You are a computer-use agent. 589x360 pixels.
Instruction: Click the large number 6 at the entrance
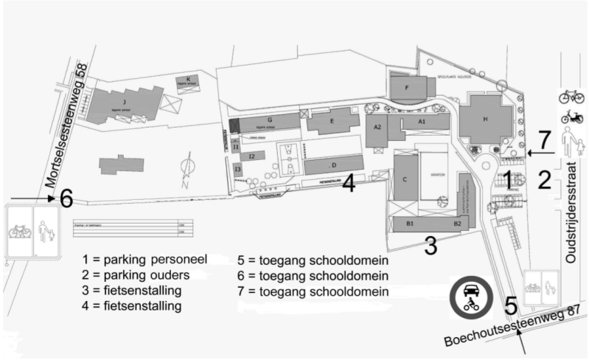pos(66,198)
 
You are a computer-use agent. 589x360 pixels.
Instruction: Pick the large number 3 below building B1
pos(431,245)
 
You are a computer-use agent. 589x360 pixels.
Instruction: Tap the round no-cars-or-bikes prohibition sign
pos(471,299)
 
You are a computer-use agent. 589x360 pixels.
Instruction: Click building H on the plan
pos(484,120)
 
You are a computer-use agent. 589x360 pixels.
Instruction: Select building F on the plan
pos(407,87)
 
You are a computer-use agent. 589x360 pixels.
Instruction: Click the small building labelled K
pos(188,82)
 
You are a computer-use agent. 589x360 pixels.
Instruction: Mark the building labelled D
pos(334,165)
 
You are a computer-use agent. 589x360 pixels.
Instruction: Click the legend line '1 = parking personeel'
pos(144,259)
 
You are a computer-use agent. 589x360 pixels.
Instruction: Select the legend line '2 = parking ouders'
pos(136,274)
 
